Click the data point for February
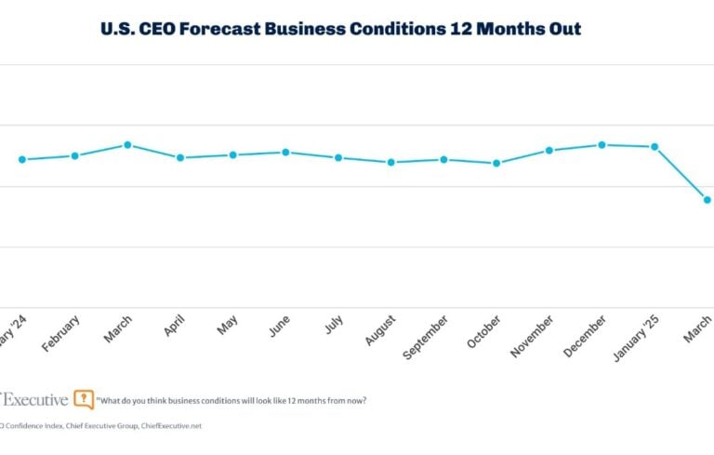point(74,155)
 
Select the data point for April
point(180,157)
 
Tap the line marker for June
point(285,152)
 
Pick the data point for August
point(391,162)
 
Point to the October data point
point(496,163)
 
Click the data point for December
point(602,144)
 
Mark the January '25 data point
point(655,146)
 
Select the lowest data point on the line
point(707,199)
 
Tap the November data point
point(549,150)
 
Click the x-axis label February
point(61,334)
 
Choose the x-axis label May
point(227,326)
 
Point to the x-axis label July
point(335,327)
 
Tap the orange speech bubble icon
point(84,399)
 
